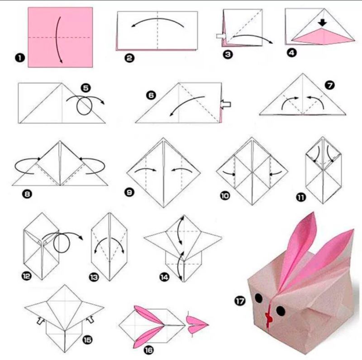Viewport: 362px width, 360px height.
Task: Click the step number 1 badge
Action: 20,58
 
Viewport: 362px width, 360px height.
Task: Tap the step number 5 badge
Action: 86,88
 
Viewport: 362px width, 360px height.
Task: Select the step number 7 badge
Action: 329,85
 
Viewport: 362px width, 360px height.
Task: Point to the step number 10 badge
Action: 225,196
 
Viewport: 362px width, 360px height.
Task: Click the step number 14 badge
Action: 164,277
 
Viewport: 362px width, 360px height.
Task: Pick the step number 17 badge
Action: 240,301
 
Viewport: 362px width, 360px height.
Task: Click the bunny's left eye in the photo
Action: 259,298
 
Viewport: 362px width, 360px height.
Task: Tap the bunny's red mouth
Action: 269,317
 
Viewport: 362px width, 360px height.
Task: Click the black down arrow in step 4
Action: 322,22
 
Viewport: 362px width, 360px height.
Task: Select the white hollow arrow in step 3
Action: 221,36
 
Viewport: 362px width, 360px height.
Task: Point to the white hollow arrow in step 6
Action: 225,104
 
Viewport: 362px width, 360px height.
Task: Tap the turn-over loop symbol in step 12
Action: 62,242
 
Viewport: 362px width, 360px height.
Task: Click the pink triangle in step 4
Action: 323,37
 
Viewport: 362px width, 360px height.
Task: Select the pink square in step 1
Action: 60,37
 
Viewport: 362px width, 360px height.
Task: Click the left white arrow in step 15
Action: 41,320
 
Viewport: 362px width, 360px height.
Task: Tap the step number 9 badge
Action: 129,192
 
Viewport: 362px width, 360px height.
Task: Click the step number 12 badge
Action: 26,276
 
